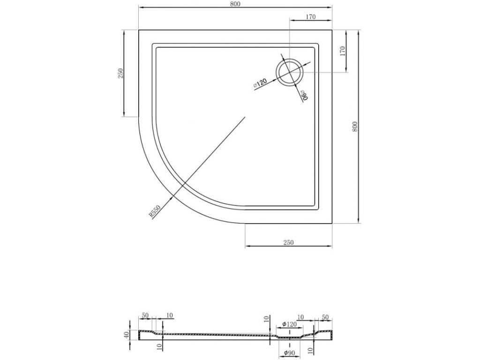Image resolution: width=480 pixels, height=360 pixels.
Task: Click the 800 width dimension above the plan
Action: click(x=236, y=4)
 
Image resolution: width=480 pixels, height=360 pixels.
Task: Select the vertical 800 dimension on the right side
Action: click(x=355, y=127)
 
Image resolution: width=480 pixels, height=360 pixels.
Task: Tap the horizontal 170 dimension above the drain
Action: click(x=310, y=17)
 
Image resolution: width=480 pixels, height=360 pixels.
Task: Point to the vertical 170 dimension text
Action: click(x=343, y=51)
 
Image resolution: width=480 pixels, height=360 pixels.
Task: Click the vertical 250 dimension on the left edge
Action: click(x=120, y=73)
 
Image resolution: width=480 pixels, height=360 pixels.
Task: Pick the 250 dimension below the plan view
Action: click(x=288, y=242)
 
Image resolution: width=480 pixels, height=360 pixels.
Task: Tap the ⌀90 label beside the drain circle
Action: click(x=304, y=95)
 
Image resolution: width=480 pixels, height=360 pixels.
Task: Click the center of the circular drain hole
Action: click(x=290, y=72)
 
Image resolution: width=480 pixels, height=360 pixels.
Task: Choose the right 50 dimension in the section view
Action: click(x=325, y=317)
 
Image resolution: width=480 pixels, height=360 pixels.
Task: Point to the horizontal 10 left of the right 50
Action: click(x=301, y=317)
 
